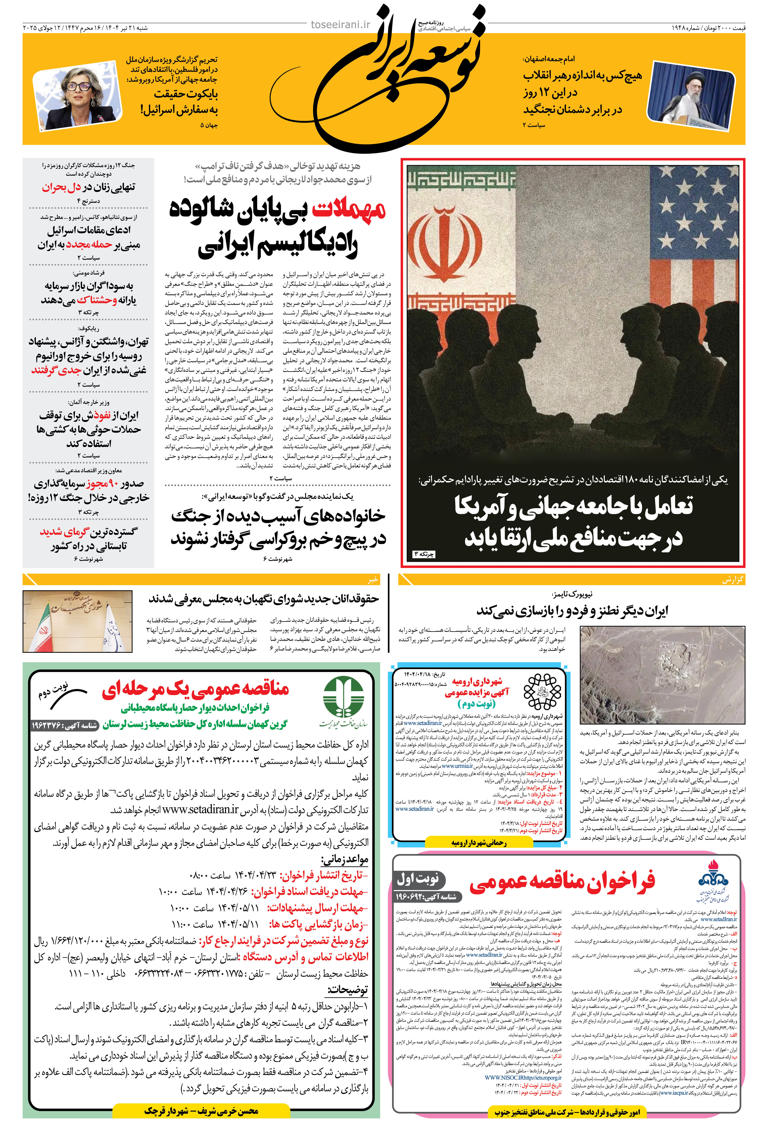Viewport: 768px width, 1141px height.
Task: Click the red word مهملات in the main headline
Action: [349, 210]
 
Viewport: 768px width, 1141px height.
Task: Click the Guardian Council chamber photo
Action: [77, 621]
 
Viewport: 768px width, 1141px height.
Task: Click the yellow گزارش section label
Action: [733, 580]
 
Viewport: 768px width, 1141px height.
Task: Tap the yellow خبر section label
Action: [373, 580]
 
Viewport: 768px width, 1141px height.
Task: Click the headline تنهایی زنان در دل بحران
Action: [88, 187]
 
